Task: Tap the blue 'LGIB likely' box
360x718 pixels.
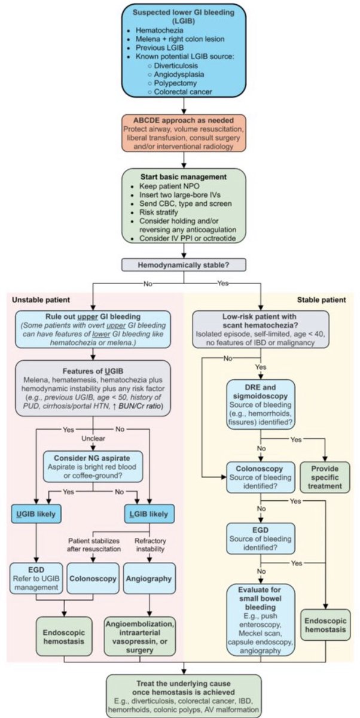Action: click(x=152, y=513)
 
